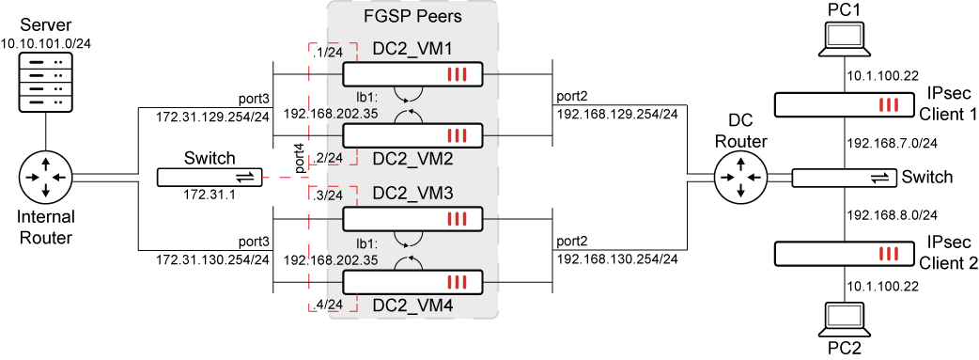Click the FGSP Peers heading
pos(412,18)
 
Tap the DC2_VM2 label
pos(412,160)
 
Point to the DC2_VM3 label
pos(412,194)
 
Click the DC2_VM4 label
pos(412,305)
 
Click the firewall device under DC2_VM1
pos(412,75)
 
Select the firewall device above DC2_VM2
pos(412,135)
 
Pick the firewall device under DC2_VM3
pos(412,219)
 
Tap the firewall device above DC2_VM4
pos(412,281)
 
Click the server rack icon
pos(45,85)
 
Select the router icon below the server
pos(45,177)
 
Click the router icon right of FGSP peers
pos(740,178)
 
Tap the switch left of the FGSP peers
pos(209,178)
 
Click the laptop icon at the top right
pos(843,39)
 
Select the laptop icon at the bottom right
pos(843,319)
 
